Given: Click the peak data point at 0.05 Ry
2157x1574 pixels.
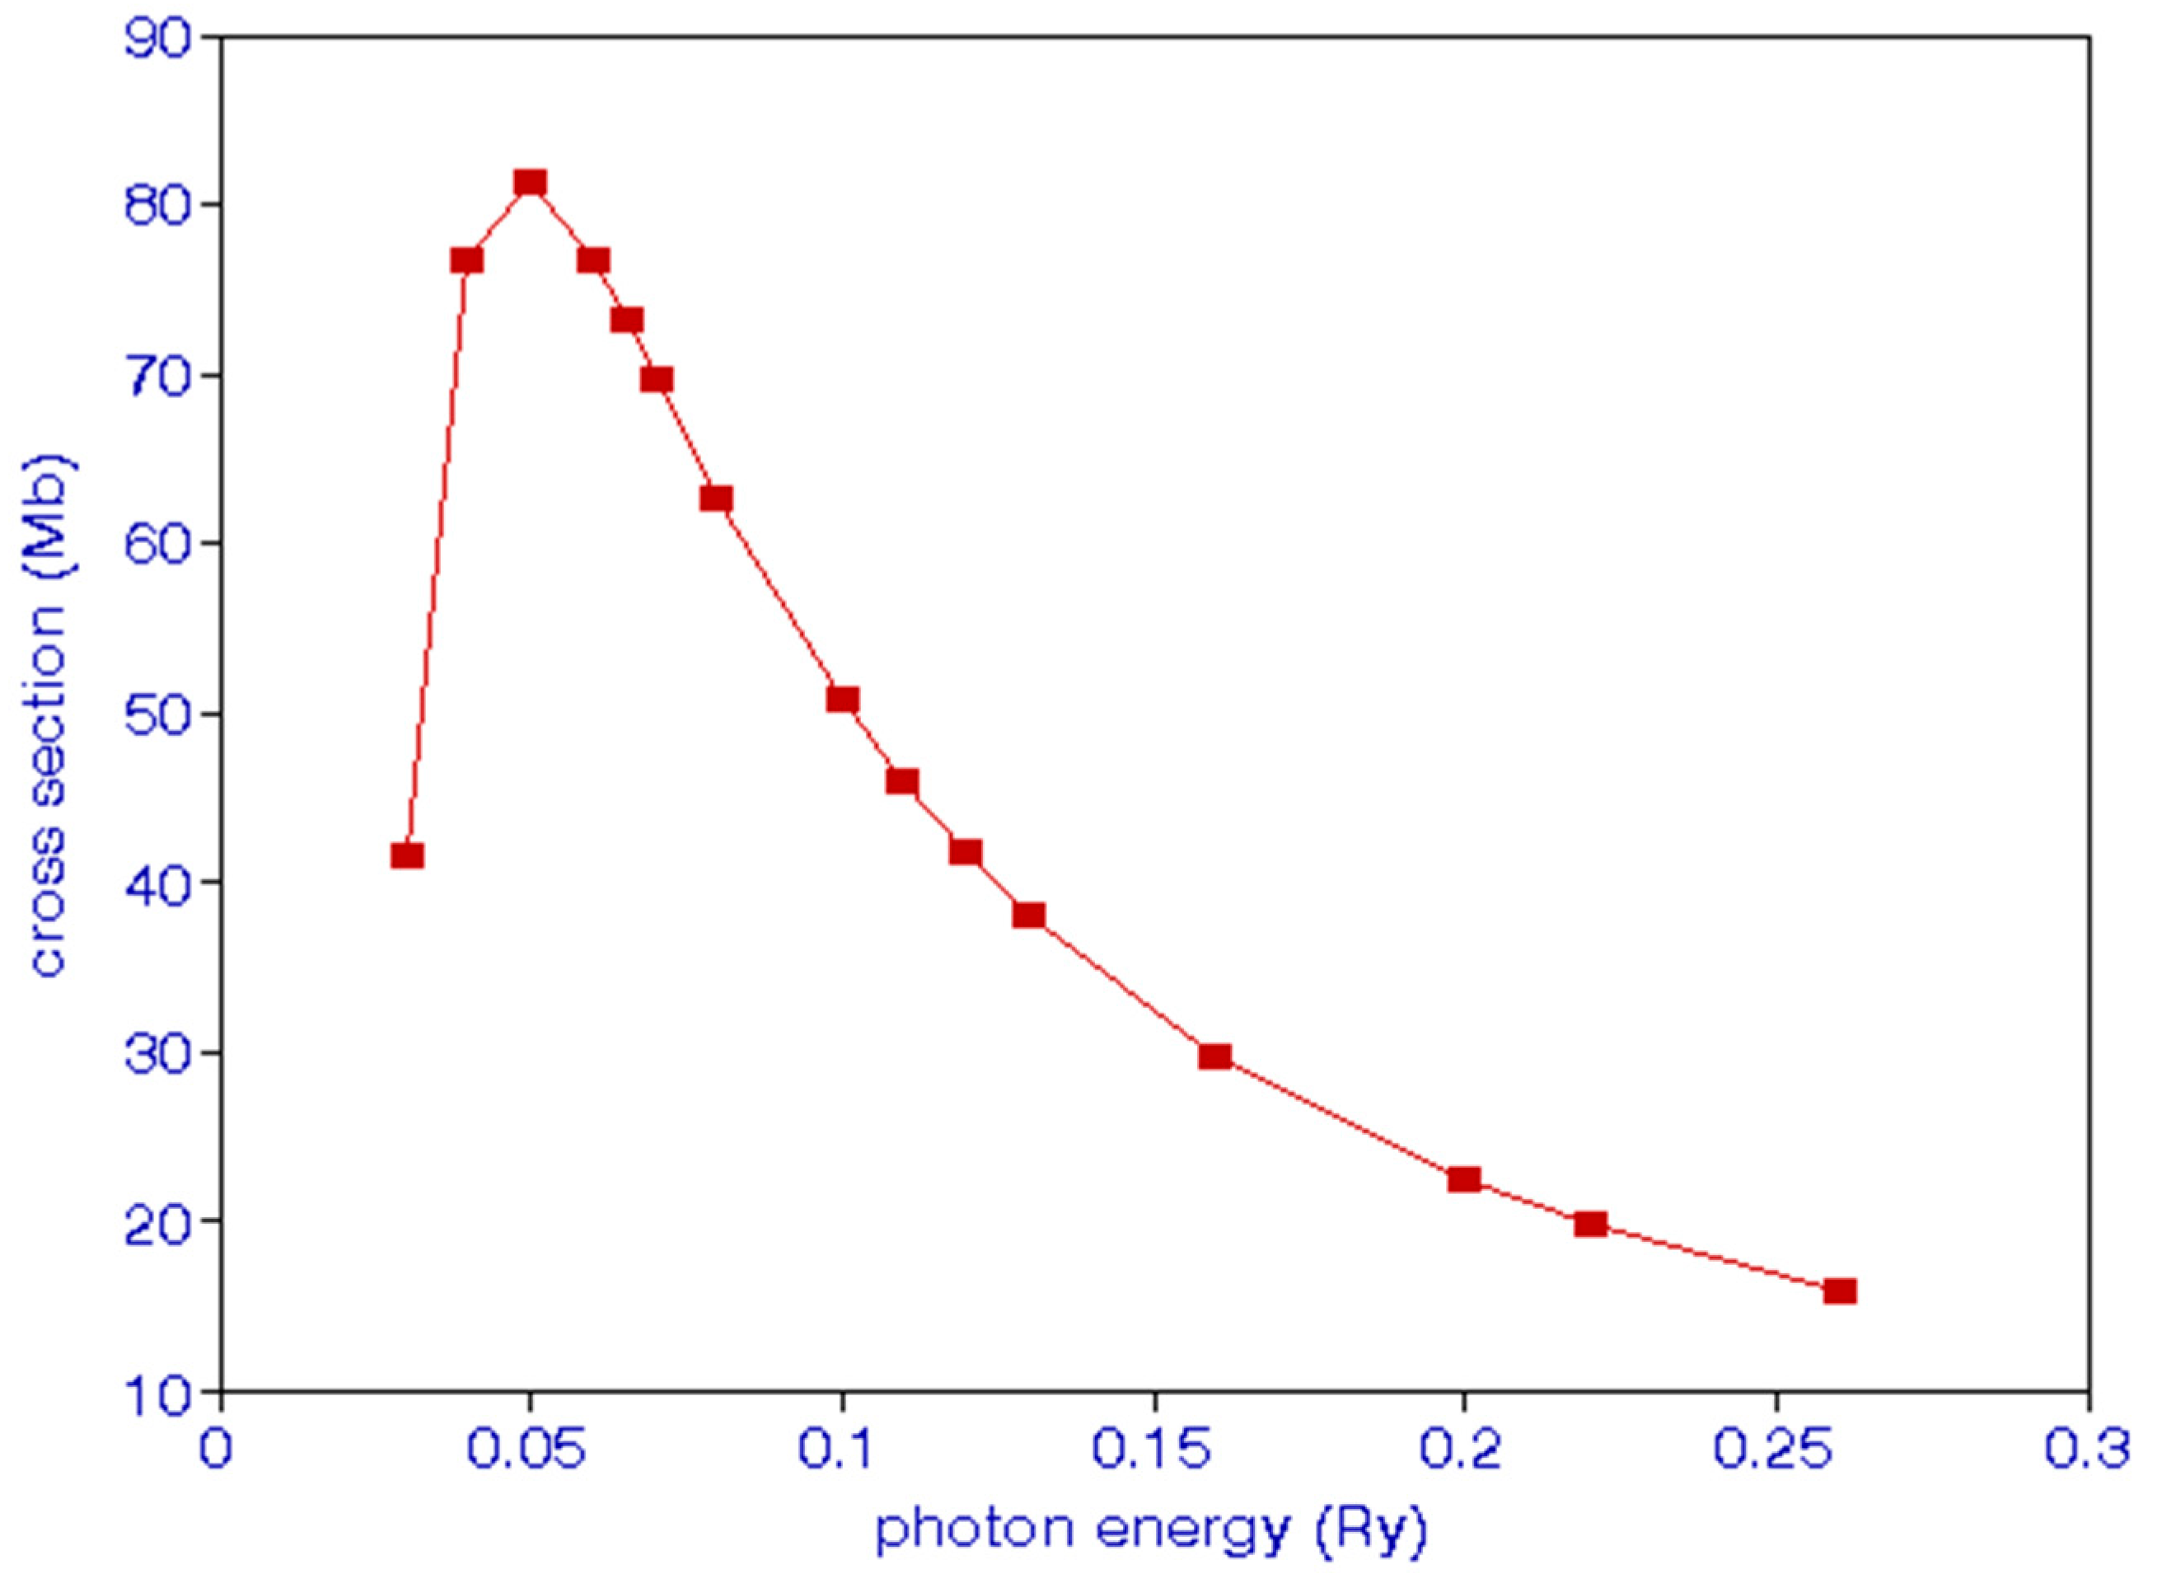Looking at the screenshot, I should click(x=531, y=182).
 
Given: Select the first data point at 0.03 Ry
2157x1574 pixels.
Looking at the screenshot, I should click(x=407, y=855).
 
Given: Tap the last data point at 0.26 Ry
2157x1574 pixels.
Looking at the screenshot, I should click(x=1839, y=1291).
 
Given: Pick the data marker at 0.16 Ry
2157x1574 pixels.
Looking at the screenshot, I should click(x=1215, y=1056).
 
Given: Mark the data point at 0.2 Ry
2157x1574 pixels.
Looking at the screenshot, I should click(x=1464, y=1179).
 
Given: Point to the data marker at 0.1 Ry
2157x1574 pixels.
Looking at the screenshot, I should click(x=842, y=700).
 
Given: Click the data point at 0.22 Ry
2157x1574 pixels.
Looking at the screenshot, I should click(x=1589, y=1224).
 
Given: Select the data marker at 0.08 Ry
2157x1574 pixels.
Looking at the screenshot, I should click(x=716, y=499).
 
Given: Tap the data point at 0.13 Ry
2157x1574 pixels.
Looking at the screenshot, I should click(x=1028, y=916).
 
